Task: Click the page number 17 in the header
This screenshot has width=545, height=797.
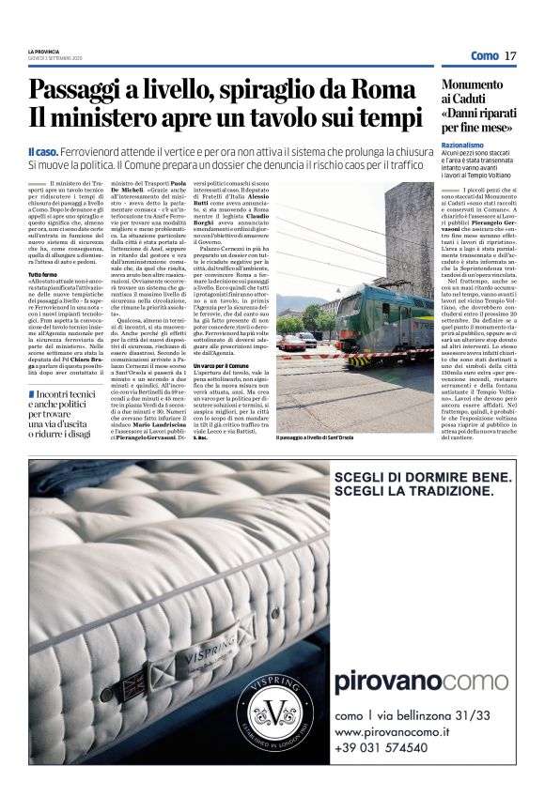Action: pyautogui.click(x=510, y=56)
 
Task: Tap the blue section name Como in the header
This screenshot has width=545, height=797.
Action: pyautogui.click(x=484, y=56)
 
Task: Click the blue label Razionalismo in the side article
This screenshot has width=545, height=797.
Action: pyautogui.click(x=463, y=146)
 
